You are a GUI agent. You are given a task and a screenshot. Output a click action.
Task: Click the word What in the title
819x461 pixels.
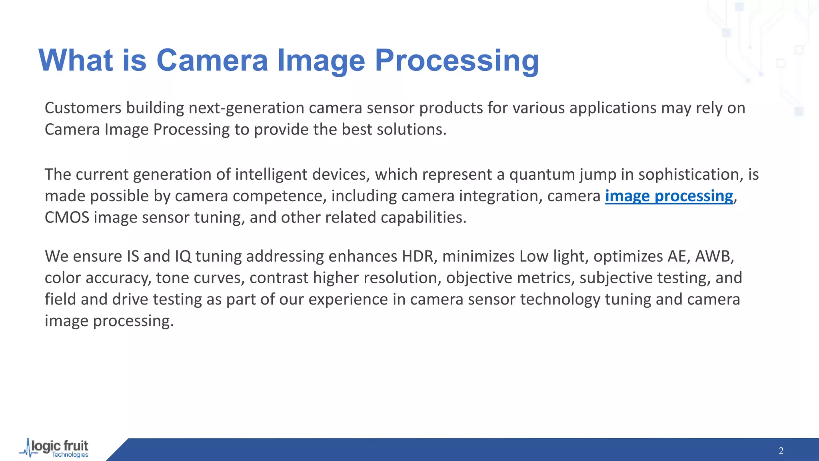(x=76, y=60)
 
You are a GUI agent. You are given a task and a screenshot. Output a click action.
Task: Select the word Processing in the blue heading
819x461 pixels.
(x=457, y=60)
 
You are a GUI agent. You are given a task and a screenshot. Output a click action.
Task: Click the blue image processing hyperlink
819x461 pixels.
(x=669, y=196)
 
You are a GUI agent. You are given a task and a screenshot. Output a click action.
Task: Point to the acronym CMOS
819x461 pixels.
(x=67, y=218)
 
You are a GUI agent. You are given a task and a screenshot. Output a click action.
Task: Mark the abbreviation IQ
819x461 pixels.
(x=183, y=257)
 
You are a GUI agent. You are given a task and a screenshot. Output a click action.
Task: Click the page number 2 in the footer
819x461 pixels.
(x=781, y=451)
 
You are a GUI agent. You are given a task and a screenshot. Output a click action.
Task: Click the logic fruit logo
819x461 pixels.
(x=55, y=448)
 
